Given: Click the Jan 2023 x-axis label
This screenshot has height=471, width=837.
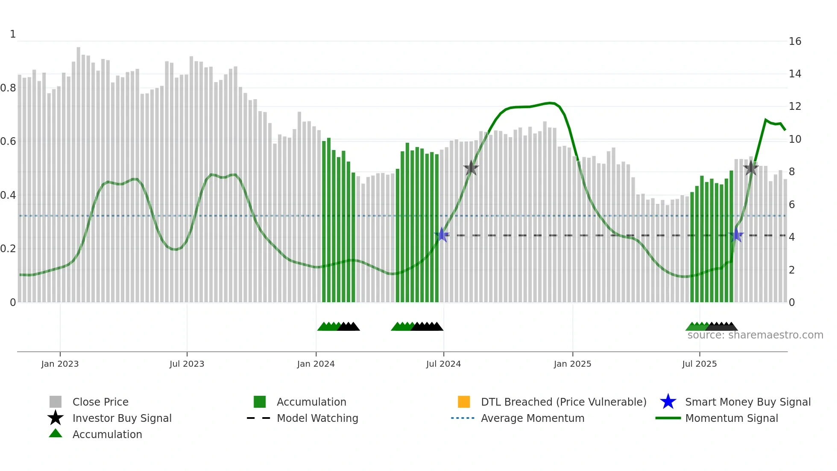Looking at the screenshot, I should coord(60,364).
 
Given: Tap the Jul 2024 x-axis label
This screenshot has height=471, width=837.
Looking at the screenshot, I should coord(443,364).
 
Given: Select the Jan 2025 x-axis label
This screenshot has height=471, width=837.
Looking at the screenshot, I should coord(572,364).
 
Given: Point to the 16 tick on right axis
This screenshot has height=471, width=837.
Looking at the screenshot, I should coord(795,41).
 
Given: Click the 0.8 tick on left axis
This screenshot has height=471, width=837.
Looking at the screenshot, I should coord(8,88).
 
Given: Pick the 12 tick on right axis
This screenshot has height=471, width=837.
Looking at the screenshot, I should coord(795,106).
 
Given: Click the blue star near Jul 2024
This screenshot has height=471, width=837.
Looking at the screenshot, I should coord(442,235).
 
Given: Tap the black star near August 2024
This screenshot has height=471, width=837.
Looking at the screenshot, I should coord(471,168).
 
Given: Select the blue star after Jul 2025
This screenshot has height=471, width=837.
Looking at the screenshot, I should coord(736,235).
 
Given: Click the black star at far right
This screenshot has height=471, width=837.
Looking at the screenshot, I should coord(751,168).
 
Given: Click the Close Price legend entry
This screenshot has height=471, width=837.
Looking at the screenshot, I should coord(100,402).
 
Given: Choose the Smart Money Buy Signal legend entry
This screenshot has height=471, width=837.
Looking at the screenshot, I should coord(747,402).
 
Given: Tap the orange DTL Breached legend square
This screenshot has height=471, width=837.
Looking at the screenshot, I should coord(464,402).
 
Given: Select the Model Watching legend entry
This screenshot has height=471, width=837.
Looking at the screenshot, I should coord(317,418).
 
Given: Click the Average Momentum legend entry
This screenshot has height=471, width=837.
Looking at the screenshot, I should coord(532,418).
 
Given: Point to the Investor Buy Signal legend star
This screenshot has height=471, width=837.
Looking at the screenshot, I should coord(56,418).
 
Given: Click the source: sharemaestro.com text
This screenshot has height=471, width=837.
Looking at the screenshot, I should coord(755,335).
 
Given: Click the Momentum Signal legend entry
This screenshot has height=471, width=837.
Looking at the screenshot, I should coord(731,418).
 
